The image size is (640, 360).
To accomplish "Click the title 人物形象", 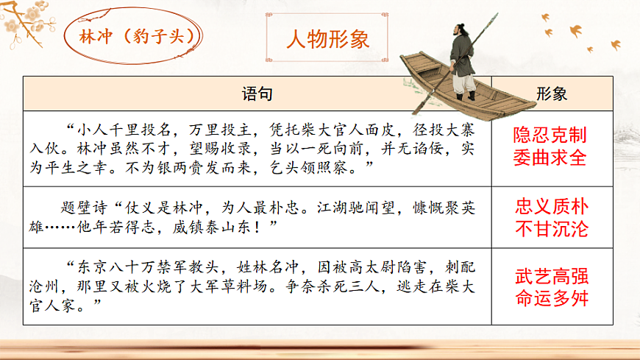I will [x=327, y=38].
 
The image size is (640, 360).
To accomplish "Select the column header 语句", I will [x=257, y=93].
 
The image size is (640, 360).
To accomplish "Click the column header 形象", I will [x=551, y=93].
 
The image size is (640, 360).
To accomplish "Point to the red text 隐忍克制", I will [x=551, y=135].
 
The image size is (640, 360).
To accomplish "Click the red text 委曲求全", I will [x=551, y=158].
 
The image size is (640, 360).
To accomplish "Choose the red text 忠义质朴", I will [x=551, y=207].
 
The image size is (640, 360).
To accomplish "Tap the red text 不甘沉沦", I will [x=551, y=229].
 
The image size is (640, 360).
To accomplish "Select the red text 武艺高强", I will [x=551, y=278].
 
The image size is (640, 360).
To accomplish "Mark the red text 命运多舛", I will [x=551, y=300].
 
